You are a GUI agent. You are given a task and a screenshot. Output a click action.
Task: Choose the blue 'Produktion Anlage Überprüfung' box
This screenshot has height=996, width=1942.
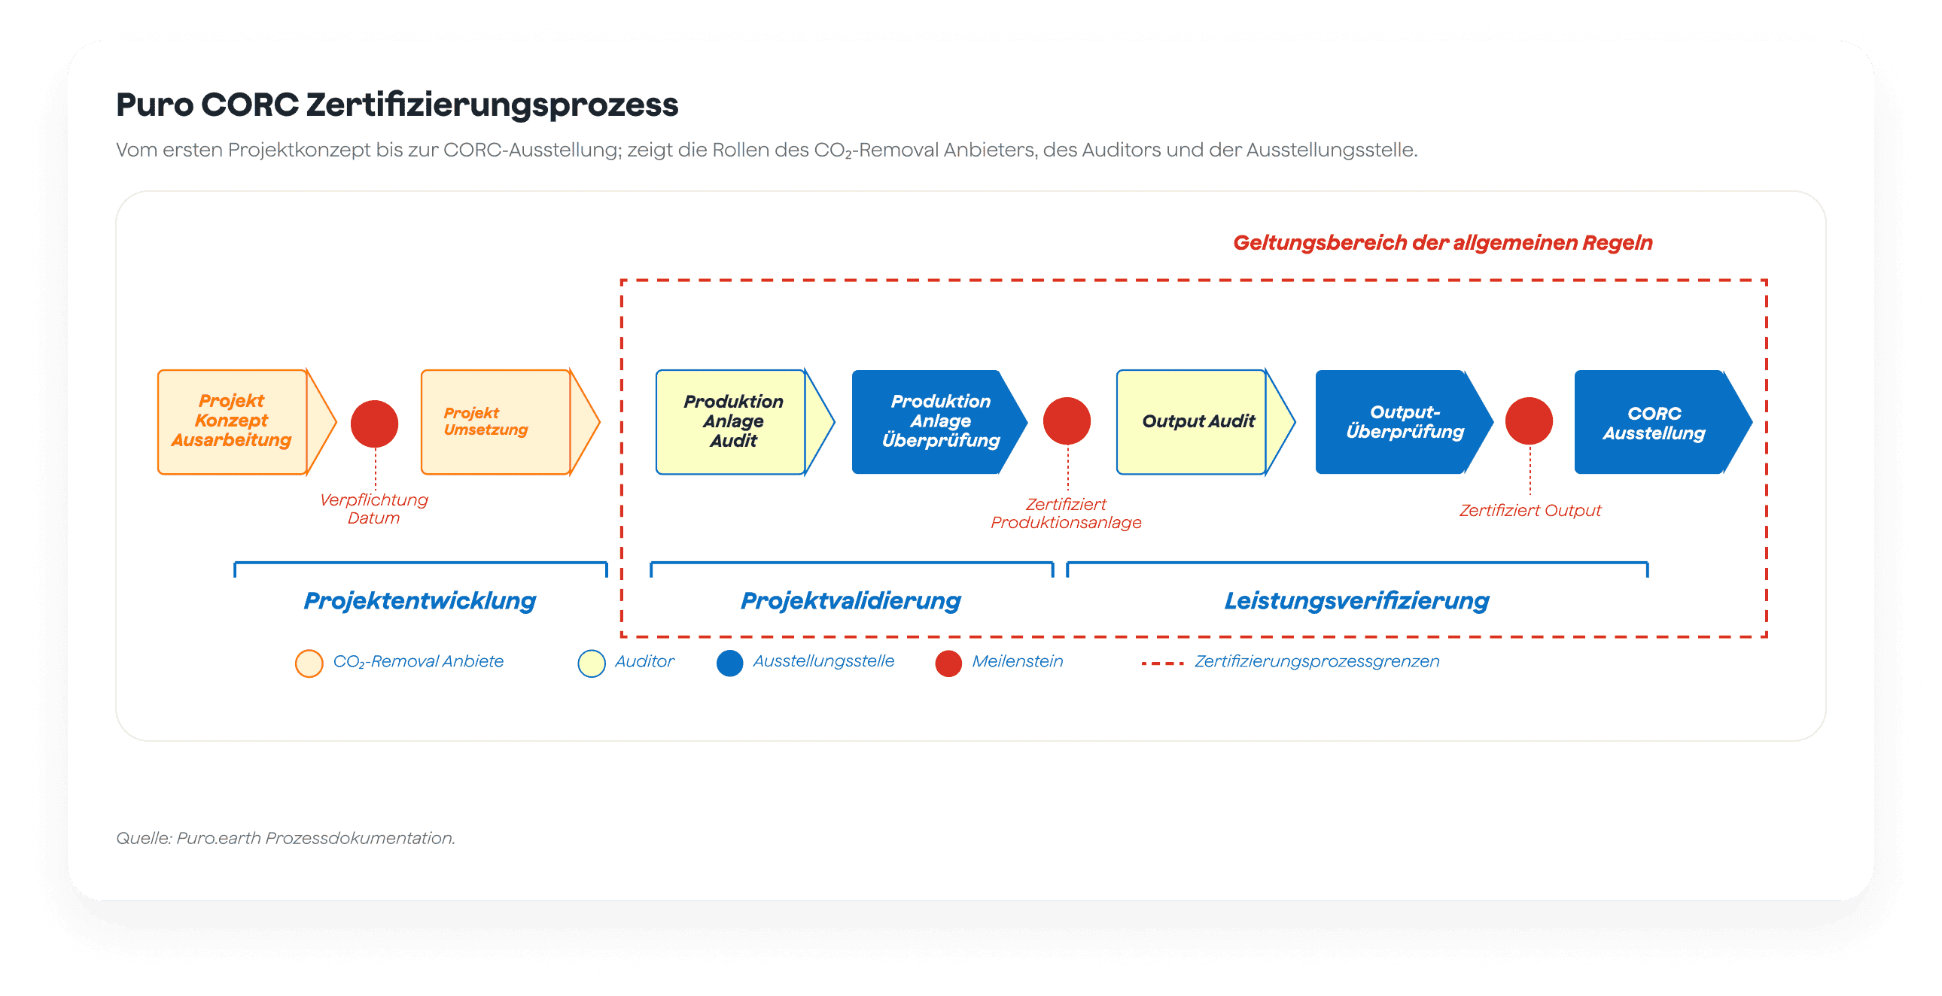click(x=939, y=422)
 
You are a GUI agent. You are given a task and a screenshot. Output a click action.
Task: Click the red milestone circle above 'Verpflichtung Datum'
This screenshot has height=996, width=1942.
click(x=375, y=424)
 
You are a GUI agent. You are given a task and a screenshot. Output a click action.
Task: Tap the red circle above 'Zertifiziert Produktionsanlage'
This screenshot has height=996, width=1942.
click(x=1067, y=421)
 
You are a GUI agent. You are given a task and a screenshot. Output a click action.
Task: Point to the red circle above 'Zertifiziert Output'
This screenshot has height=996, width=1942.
click(x=1529, y=421)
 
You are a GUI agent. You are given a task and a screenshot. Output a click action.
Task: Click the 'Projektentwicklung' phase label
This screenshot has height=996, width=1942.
click(x=420, y=601)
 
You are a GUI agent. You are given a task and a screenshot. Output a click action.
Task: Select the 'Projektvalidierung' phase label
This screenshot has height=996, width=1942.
click(x=851, y=601)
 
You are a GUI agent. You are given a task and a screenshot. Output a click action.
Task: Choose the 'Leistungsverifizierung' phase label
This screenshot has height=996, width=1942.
click(x=1357, y=601)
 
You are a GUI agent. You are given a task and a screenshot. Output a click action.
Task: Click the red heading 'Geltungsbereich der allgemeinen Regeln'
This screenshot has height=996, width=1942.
click(x=1443, y=242)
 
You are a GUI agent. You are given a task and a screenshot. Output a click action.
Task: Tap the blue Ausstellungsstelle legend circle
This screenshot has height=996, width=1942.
click(x=730, y=663)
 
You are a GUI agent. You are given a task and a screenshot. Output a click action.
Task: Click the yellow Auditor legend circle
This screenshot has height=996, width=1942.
click(x=592, y=663)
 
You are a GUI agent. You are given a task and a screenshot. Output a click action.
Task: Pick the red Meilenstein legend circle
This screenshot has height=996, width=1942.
click(x=948, y=663)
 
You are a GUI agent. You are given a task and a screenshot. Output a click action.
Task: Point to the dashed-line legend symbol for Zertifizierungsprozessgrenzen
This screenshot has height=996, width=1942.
click(x=1162, y=663)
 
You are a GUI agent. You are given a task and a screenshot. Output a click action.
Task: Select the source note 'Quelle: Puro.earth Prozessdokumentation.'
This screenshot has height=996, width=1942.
click(x=286, y=838)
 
